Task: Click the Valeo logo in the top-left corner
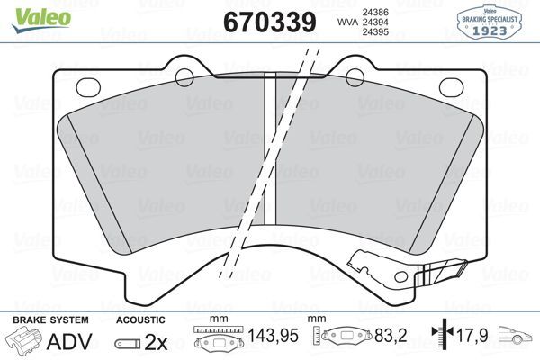24,12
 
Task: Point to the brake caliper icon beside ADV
25,341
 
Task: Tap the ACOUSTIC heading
140,319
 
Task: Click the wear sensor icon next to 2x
128,342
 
